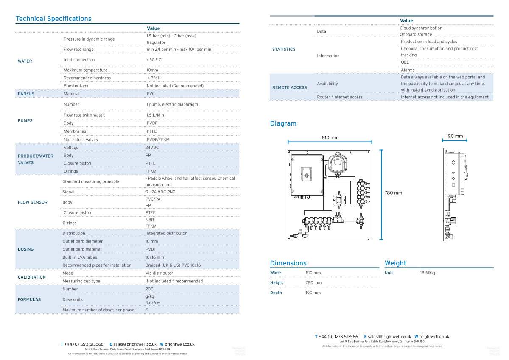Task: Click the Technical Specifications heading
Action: point(53,19)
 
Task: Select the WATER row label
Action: point(25,61)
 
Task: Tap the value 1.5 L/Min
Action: point(155,115)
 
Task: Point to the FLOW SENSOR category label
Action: point(33,202)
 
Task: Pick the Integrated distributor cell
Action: point(166,233)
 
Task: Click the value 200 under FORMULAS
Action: point(149,289)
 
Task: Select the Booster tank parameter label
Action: point(76,86)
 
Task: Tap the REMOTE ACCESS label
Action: point(289,87)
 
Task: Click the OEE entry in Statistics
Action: point(405,62)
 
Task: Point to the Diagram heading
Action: point(283,124)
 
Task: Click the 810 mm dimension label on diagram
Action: point(330,137)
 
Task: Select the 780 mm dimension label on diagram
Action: point(393,193)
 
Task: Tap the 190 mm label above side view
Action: point(454,136)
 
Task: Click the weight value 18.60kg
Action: point(428,273)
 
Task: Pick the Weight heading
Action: point(395,263)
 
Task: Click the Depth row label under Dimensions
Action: point(276,293)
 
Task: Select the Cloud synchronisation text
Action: point(421,28)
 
